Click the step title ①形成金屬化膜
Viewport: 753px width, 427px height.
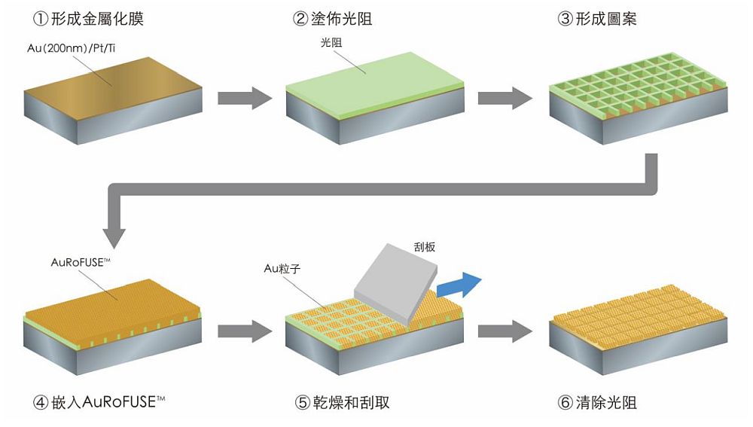[x=88, y=19]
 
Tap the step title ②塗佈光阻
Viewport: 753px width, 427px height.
[x=332, y=19]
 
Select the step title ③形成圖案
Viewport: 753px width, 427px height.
[x=597, y=19]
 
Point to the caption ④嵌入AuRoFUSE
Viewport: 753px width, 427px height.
[x=99, y=401]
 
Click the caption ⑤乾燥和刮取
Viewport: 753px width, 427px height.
[x=342, y=402]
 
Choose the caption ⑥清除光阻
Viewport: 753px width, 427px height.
[x=597, y=402]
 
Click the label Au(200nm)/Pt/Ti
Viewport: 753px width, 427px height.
[x=71, y=48]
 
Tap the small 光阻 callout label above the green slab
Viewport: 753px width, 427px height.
[x=331, y=43]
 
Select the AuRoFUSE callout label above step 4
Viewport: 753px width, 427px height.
[x=81, y=262]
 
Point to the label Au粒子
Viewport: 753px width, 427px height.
[x=282, y=269]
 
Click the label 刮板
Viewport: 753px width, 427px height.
[x=425, y=247]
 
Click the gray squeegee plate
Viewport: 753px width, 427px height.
[x=396, y=282]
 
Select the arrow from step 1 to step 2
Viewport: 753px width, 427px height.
[x=245, y=98]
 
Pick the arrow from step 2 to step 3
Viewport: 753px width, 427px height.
[x=505, y=98]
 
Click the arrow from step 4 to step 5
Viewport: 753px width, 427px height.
[x=245, y=331]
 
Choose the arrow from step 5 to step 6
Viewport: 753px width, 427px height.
[x=505, y=331]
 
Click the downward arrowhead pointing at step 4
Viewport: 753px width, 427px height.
[x=114, y=238]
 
